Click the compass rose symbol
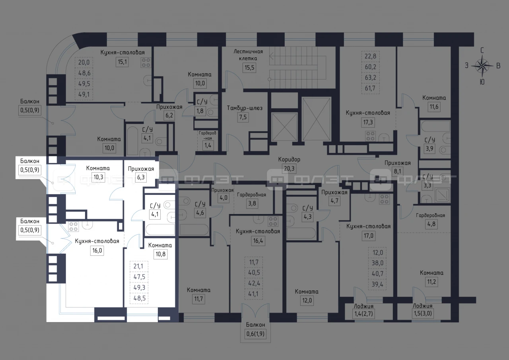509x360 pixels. (482, 66)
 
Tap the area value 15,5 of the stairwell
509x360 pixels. (249, 68)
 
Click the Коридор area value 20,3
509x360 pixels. (289, 169)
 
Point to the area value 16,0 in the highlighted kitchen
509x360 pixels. (97, 251)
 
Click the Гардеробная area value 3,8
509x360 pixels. (252, 203)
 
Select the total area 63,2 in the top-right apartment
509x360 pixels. (370, 78)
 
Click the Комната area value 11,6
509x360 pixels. (434, 107)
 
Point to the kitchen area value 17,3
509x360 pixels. (368, 122)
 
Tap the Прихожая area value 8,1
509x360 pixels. (397, 171)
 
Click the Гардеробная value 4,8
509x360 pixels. (431, 224)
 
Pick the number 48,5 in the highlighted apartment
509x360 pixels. (139, 298)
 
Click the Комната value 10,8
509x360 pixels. (160, 254)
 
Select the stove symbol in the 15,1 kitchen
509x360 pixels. (146, 63)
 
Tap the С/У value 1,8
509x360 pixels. (200, 111)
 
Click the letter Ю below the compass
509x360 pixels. (482, 82)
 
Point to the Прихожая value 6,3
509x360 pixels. (141, 177)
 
